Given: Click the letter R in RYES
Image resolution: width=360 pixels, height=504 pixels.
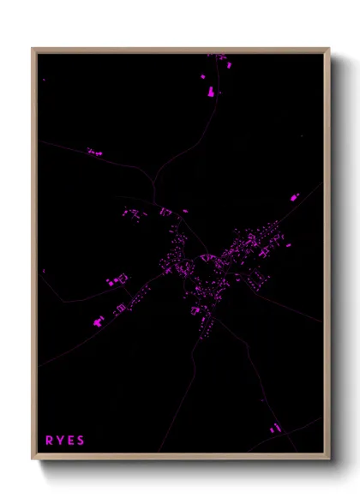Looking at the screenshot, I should click(49, 441).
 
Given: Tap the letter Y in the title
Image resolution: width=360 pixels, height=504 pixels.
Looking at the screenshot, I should click(59, 441).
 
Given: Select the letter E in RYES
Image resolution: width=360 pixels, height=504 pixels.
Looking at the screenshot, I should click(70, 441).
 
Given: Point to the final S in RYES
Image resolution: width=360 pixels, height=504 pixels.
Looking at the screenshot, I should click(81, 441).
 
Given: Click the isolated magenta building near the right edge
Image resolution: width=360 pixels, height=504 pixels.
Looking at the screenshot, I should click(297, 197).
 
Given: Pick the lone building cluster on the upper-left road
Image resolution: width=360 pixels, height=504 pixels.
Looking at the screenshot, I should click(93, 153).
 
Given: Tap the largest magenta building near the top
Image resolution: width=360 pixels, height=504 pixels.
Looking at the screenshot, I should click(208, 91).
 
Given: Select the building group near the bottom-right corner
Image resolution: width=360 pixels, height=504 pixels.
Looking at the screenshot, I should click(274, 427).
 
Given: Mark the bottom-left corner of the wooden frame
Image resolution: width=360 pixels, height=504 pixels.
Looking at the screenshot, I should click(33, 459).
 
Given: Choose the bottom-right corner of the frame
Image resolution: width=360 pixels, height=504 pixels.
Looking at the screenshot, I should click(328, 459).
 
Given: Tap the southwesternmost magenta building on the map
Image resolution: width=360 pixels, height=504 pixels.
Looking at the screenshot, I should click(97, 323).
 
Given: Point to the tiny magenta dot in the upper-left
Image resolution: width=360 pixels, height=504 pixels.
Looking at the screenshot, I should click(44, 79).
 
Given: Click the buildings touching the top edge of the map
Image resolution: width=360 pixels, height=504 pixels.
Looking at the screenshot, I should click(219, 57).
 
